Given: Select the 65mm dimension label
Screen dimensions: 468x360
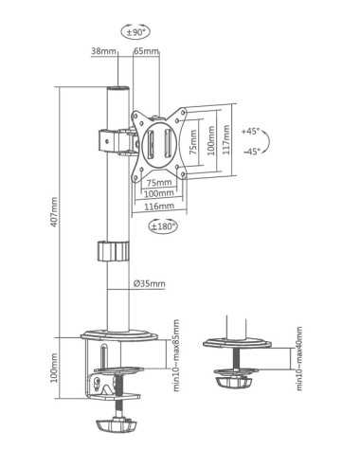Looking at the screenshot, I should (147, 51).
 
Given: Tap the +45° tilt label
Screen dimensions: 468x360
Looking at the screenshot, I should (251, 130).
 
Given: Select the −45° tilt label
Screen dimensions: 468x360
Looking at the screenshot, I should (251, 152).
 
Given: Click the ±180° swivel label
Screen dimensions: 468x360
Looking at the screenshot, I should (164, 225).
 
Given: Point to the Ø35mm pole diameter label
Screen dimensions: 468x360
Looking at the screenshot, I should (150, 283).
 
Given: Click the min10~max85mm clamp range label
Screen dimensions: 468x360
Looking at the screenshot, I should (176, 356).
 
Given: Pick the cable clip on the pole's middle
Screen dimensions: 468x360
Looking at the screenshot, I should (112, 253).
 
